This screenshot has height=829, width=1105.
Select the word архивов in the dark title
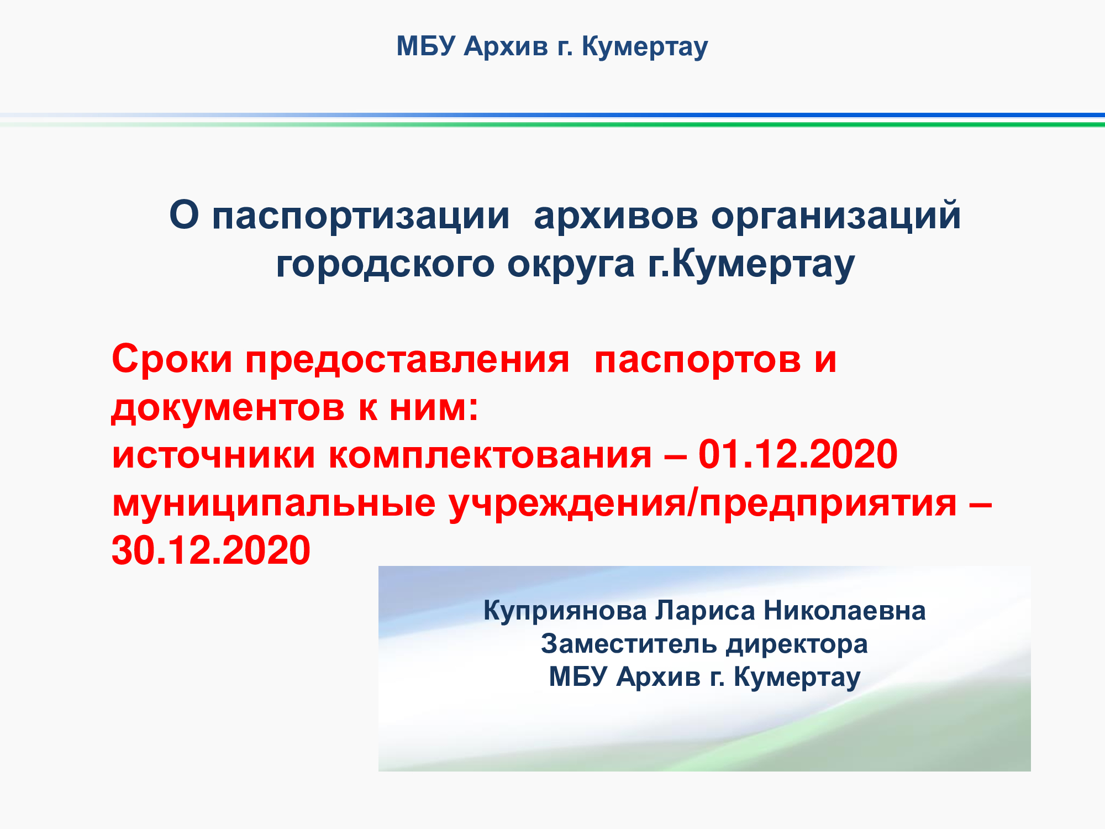616,216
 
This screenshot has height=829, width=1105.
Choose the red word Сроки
172,360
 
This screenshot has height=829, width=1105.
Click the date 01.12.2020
798,454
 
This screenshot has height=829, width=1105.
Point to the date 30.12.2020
211,550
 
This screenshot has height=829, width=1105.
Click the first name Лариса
706,611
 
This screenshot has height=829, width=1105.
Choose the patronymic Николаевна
845,611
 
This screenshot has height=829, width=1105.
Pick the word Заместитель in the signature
629,644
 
